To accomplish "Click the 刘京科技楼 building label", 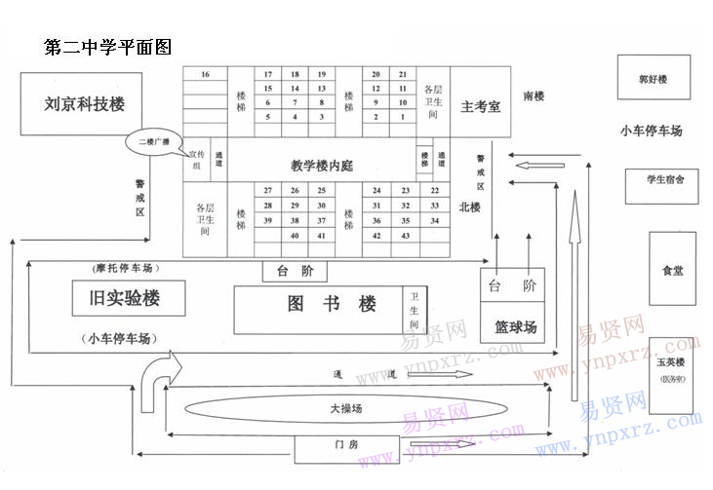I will click(85, 104).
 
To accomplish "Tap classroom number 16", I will click(205, 75).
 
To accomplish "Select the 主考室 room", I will click(481, 106).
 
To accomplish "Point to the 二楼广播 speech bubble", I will click(153, 142).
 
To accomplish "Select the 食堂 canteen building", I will click(672, 270).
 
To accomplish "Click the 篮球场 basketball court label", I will click(515, 327).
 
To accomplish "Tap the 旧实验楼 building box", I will click(129, 299).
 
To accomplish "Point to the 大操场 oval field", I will click(351, 409).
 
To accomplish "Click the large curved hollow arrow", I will click(156, 380).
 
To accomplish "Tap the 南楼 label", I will click(533, 96).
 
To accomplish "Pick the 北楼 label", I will click(470, 207).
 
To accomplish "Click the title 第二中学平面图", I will click(108, 48).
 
